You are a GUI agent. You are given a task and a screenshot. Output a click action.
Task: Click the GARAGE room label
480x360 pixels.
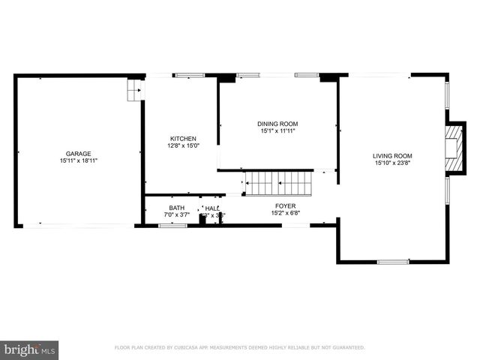(x=78, y=154)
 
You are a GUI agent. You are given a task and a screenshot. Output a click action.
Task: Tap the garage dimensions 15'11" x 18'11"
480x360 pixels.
(x=78, y=160)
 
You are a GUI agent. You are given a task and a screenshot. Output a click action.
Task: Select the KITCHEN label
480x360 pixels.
(x=183, y=139)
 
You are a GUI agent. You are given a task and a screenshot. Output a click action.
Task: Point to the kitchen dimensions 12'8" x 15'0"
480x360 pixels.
(x=183, y=145)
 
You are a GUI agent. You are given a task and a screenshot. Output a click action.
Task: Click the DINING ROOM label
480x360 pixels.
(x=277, y=124)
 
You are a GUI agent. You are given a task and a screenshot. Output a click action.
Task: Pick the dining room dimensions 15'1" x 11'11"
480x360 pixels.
(x=277, y=130)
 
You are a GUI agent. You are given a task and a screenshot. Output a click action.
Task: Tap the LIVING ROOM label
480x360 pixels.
(x=393, y=156)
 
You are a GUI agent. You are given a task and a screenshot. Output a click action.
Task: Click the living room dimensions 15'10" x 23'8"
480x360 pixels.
(x=393, y=163)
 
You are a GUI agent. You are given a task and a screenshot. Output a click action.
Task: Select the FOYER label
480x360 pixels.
(x=285, y=205)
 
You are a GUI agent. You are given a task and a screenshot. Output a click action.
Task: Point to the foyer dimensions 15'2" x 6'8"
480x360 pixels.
(x=285, y=212)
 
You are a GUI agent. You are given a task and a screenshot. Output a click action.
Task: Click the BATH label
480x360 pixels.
(x=176, y=208)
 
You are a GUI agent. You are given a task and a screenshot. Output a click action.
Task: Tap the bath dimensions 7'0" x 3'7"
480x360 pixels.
(x=176, y=215)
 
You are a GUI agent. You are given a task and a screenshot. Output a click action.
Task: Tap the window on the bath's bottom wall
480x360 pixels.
(x=173, y=225)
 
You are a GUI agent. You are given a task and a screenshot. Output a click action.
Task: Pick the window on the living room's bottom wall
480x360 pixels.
(x=393, y=262)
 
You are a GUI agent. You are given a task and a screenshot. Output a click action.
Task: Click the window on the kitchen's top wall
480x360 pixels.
(x=190, y=75)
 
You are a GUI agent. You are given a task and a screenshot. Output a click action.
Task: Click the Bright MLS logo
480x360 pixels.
(x=30, y=349)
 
